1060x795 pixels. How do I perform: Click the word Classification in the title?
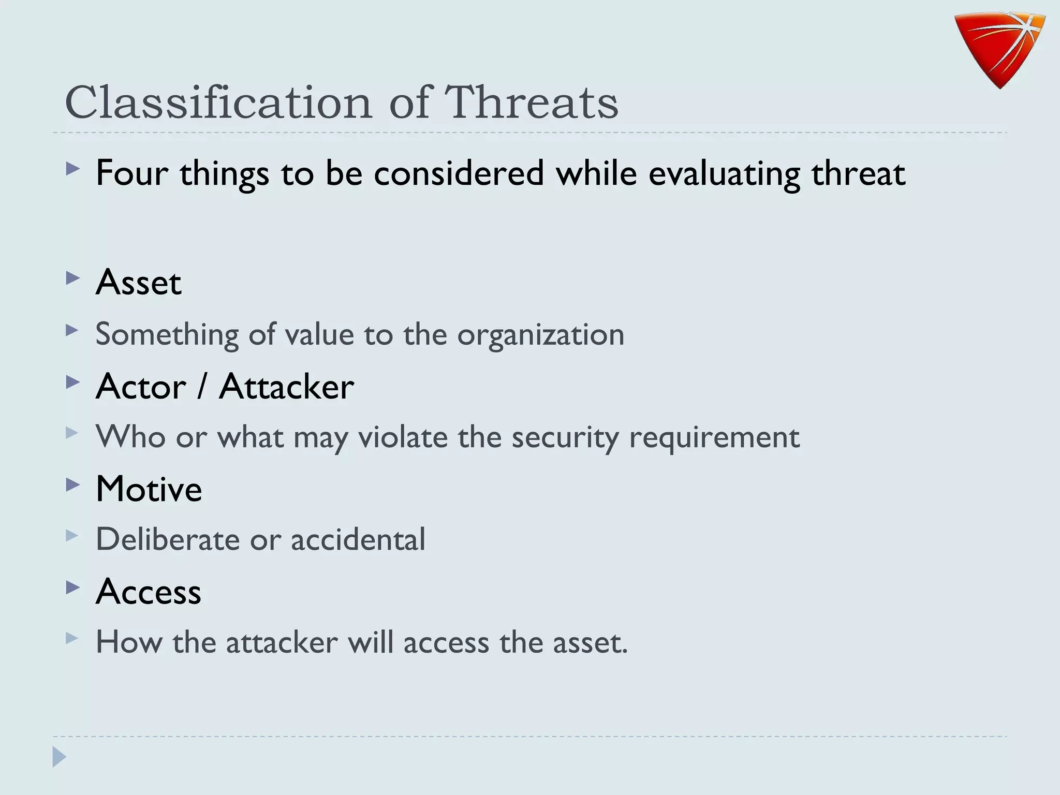pyautogui.click(x=218, y=102)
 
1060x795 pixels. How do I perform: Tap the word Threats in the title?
pyautogui.click(x=532, y=102)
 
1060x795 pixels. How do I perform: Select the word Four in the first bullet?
pyautogui.click(x=132, y=173)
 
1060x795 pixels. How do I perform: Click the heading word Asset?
pyautogui.click(x=139, y=283)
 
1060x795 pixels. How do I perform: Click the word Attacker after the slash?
pyautogui.click(x=286, y=387)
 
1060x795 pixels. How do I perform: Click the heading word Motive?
pyautogui.click(x=149, y=489)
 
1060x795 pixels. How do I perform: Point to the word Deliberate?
pyautogui.click(x=168, y=539)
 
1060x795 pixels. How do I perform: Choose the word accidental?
pyautogui.click(x=358, y=539)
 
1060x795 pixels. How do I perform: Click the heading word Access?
pyautogui.click(x=149, y=592)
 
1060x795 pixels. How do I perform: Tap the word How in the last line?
pyautogui.click(x=129, y=642)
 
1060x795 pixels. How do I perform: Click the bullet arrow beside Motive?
pyautogui.click(x=73, y=485)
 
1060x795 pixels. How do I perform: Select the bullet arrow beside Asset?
pyautogui.click(x=73, y=278)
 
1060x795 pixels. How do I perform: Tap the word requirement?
pyautogui.click(x=714, y=437)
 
